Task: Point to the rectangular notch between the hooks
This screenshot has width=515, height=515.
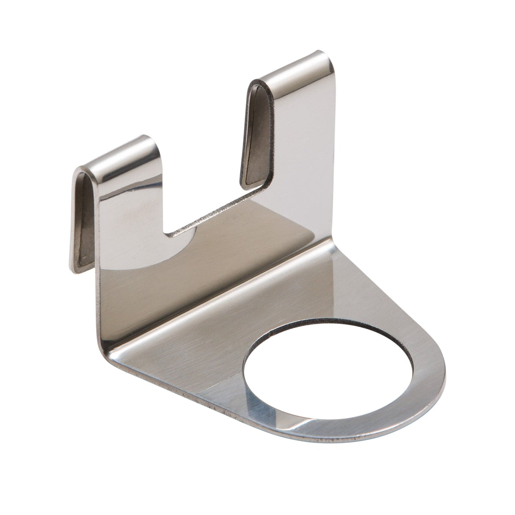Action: point(206,163)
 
